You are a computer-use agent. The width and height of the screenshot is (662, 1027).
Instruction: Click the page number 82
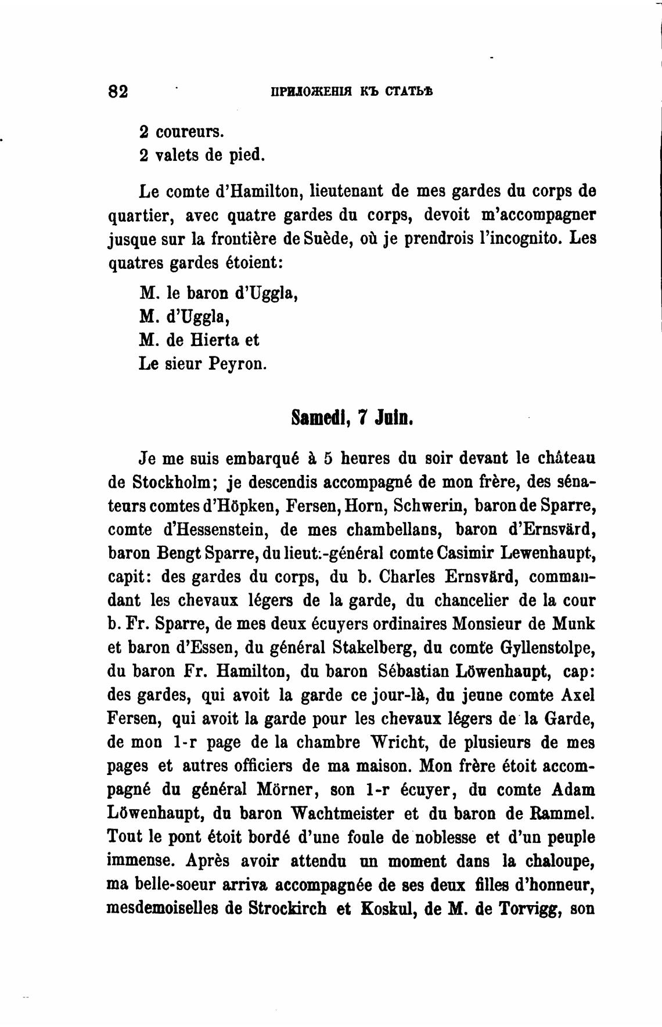pos(118,92)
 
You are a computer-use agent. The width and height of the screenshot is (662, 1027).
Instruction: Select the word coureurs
pos(189,132)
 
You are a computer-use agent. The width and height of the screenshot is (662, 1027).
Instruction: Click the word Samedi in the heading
pos(318,417)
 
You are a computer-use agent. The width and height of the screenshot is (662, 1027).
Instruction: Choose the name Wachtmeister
pos(354,814)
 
